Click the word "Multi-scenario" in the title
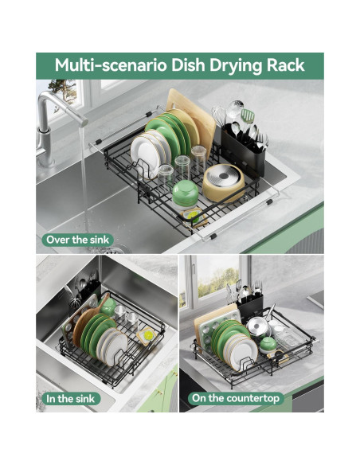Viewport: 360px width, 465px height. point(111,65)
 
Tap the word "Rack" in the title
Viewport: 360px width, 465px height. point(286,65)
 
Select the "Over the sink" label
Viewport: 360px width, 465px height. point(78,240)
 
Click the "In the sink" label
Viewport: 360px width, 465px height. point(71,399)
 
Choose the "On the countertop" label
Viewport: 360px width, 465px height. point(236,398)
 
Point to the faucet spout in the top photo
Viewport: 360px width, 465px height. point(61,107)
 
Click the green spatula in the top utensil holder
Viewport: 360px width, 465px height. point(248,117)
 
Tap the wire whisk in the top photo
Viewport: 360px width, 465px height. point(220,116)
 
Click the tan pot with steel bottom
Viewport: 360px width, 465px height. point(223,182)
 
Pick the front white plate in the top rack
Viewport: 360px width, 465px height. point(145,156)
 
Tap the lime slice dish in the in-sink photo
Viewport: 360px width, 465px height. point(147,336)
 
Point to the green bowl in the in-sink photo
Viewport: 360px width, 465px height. point(108,307)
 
